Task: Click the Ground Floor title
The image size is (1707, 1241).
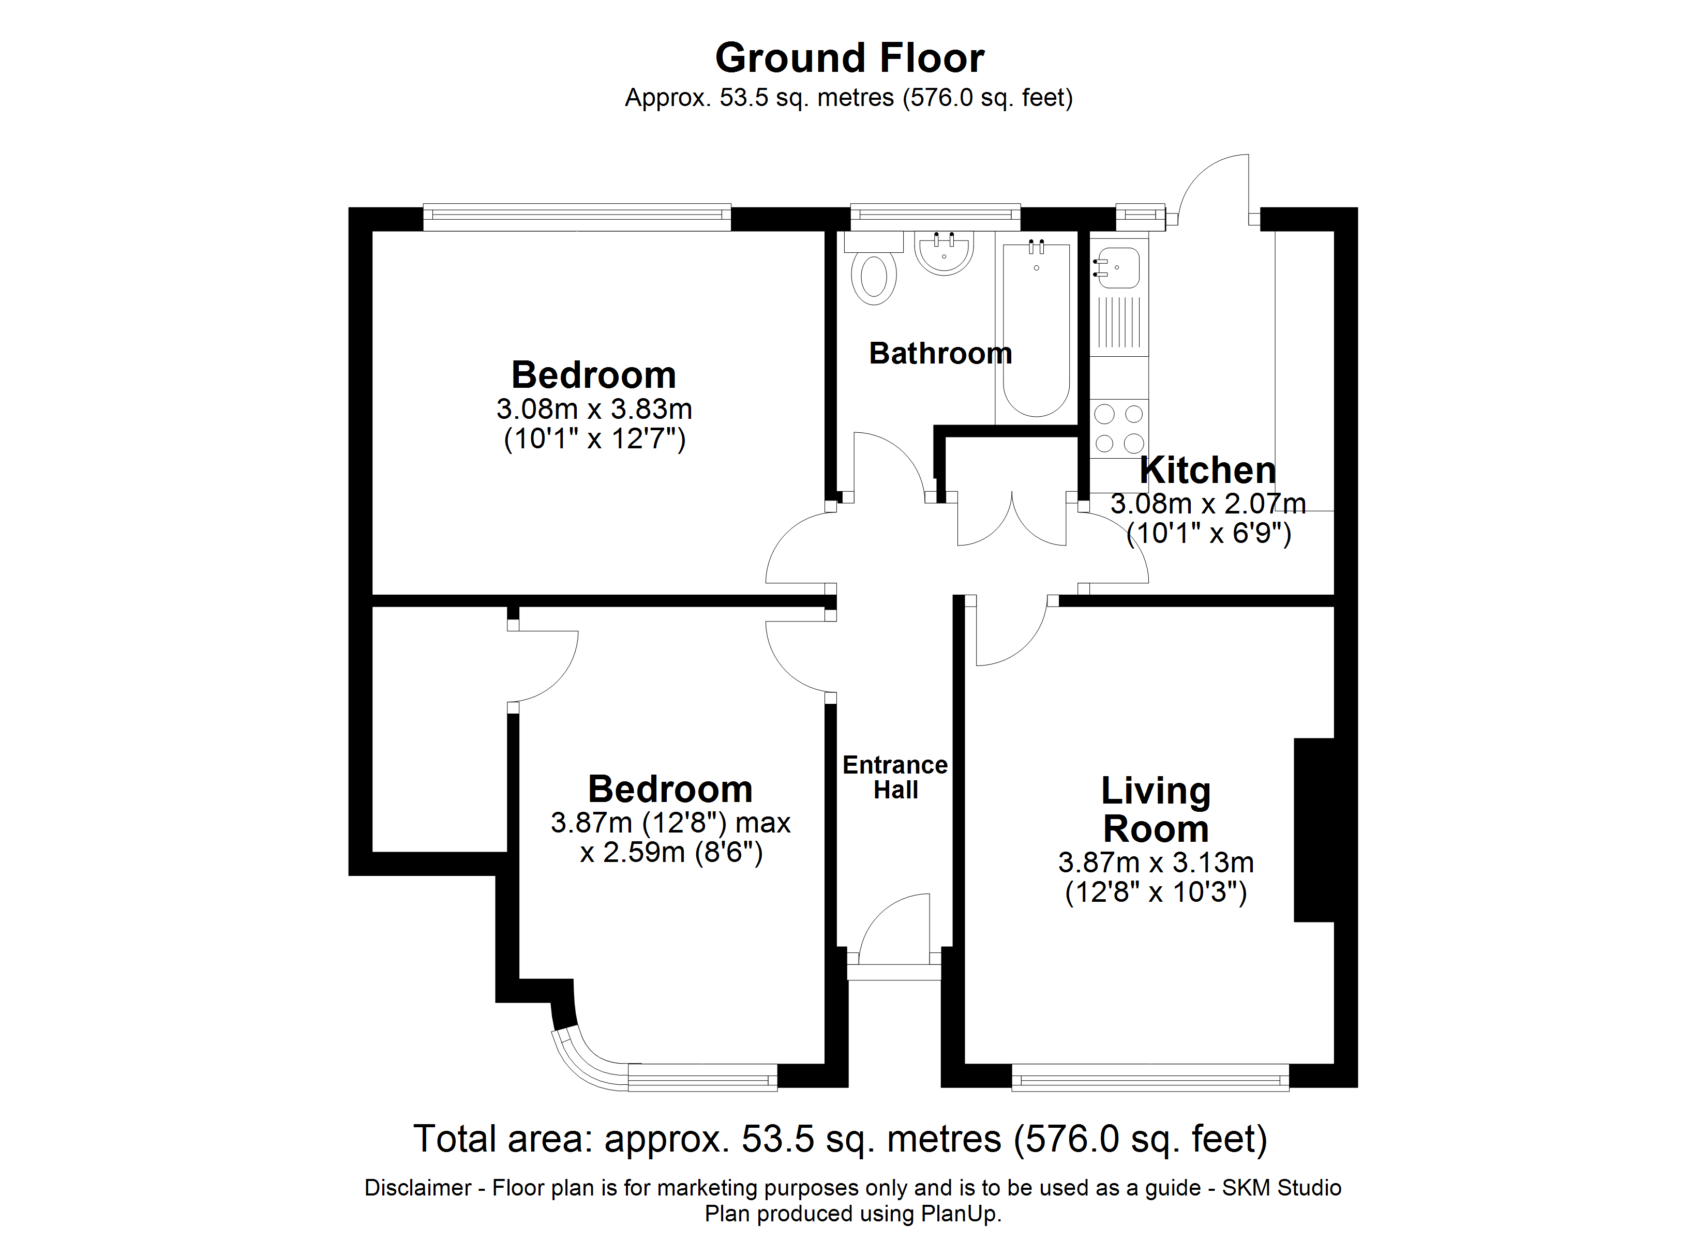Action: click(x=849, y=58)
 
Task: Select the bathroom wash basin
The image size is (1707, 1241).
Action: click(x=944, y=253)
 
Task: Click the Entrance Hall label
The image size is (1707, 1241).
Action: click(x=895, y=777)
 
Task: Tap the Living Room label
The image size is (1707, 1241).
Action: click(x=1155, y=810)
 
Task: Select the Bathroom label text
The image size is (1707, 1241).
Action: click(x=940, y=354)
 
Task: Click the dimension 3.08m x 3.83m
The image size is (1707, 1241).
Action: click(x=594, y=410)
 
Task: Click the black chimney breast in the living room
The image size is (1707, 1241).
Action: click(x=1313, y=829)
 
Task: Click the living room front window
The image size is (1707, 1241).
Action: click(x=1149, y=1078)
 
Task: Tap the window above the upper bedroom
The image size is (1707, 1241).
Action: click(x=577, y=216)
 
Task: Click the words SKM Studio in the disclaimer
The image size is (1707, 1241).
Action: click(x=1281, y=1188)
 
